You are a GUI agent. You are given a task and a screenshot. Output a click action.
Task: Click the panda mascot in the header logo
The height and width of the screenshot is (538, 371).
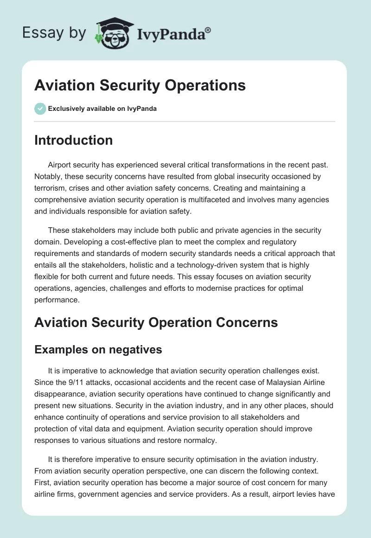(113, 34)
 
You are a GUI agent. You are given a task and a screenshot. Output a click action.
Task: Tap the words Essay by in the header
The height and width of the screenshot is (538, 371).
(55, 33)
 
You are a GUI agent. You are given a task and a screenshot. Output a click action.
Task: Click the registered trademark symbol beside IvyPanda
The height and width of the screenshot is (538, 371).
(208, 30)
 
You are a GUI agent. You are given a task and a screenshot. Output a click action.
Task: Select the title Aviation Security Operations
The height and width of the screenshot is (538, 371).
(140, 86)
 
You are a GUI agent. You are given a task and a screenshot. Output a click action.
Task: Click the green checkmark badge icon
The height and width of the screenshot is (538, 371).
(40, 109)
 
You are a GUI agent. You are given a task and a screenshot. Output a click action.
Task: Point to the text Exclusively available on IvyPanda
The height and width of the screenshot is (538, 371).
(102, 109)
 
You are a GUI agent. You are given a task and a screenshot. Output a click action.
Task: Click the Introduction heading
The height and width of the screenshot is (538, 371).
(73, 140)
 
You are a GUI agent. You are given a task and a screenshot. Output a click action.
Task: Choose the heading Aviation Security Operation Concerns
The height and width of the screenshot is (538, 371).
(156, 322)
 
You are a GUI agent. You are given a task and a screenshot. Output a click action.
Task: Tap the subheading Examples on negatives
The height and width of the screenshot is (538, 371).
(98, 350)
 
